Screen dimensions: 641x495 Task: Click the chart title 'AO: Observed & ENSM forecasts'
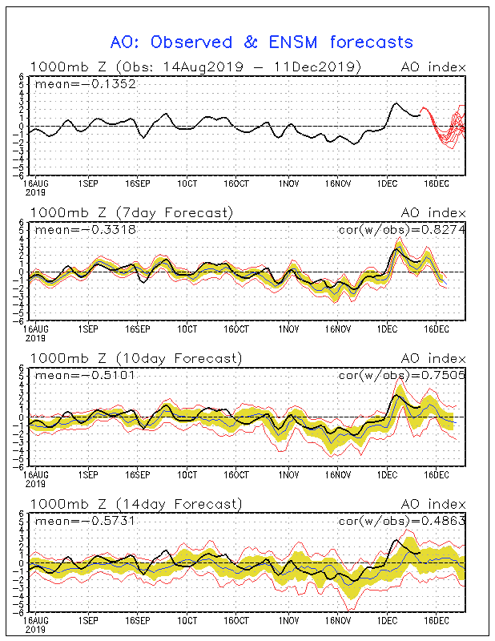[x=261, y=42]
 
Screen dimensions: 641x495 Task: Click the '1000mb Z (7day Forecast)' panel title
[x=131, y=212]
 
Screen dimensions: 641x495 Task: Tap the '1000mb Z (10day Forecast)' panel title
[x=135, y=358]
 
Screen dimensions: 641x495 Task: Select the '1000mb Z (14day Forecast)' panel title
[x=135, y=504]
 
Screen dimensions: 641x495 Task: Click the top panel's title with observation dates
[x=195, y=66]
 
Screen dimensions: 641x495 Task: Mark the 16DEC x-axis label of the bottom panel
[x=436, y=620]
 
